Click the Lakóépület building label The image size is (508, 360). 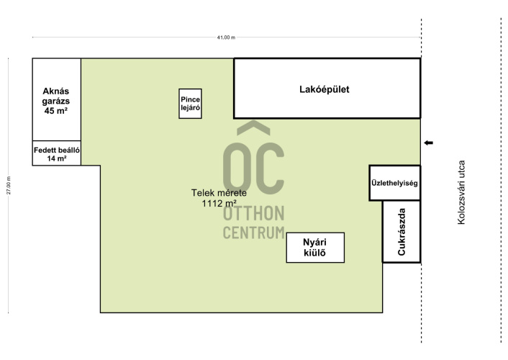(x=325, y=89)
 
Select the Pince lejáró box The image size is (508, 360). (x=190, y=104)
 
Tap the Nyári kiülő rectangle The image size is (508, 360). (x=315, y=248)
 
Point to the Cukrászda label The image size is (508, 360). (x=402, y=232)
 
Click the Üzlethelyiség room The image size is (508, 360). (x=394, y=183)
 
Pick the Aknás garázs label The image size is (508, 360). (x=55, y=96)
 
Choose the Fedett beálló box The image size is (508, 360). (x=57, y=153)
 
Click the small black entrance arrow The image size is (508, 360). (x=428, y=143)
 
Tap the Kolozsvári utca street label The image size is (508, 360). (x=461, y=192)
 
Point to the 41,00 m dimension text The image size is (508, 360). (x=226, y=37)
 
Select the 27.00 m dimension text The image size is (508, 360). (x=9, y=186)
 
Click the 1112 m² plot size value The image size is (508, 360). (x=219, y=203)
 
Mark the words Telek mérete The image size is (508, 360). (x=219, y=193)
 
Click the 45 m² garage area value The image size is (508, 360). (x=55, y=111)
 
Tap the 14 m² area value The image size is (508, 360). (x=57, y=158)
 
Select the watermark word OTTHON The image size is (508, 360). (x=254, y=213)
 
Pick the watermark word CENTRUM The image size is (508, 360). (x=254, y=233)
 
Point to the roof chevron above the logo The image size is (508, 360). (x=253, y=127)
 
